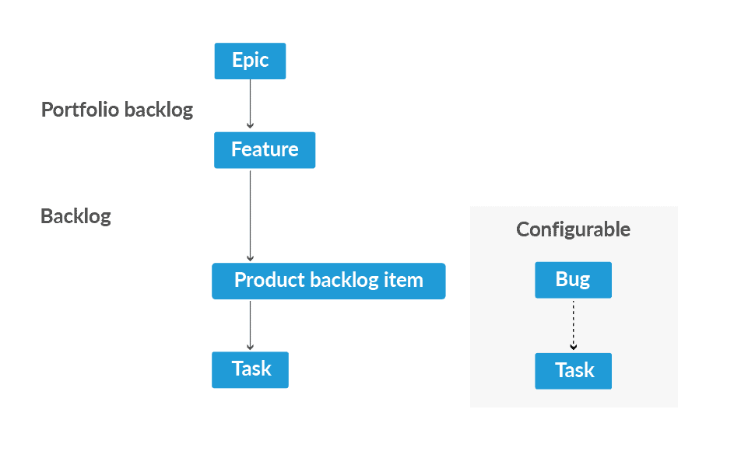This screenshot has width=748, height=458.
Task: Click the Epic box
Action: [250, 61]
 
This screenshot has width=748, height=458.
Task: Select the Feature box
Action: [265, 149]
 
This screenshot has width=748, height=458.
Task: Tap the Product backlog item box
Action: [328, 281]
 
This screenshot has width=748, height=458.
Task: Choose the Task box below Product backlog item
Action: [250, 369]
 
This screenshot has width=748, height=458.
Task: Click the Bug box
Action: [573, 280]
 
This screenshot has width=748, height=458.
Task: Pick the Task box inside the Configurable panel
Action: [573, 371]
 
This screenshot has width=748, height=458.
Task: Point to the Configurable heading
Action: [573, 229]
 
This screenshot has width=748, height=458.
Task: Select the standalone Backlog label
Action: [76, 216]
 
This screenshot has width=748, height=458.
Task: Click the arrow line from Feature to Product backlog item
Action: [250, 214]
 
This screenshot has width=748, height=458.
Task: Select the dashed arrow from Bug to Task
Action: [573, 322]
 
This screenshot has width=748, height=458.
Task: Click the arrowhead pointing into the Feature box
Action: [250, 125]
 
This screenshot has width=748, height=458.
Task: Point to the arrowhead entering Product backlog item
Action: [250, 258]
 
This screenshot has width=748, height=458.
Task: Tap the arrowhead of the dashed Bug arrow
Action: [573, 347]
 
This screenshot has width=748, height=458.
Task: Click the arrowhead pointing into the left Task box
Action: [250, 347]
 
